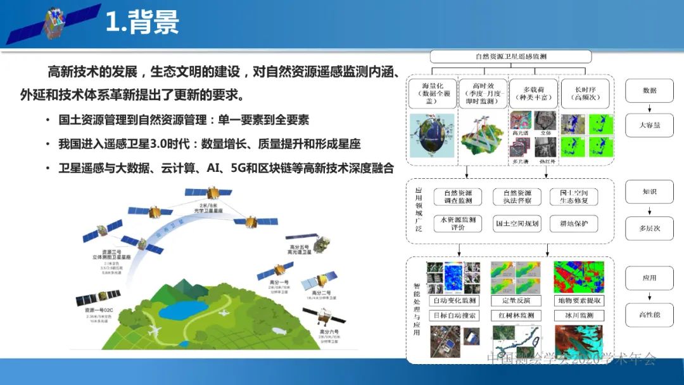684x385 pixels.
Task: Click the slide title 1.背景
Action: (142, 22)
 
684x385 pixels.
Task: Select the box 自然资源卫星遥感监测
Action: (511, 56)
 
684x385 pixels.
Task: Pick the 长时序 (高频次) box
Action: (585, 93)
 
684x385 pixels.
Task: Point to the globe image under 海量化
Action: (431, 136)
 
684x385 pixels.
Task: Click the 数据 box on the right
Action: (649, 91)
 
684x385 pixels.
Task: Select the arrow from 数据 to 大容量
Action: (649, 108)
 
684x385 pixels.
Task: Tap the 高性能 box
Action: (649, 315)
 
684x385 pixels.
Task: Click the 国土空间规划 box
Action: (517, 223)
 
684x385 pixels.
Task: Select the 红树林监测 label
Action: (517, 315)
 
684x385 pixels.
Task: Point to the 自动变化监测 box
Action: (453, 301)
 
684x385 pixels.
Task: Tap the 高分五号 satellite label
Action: (296, 249)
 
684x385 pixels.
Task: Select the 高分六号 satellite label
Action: (329, 332)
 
